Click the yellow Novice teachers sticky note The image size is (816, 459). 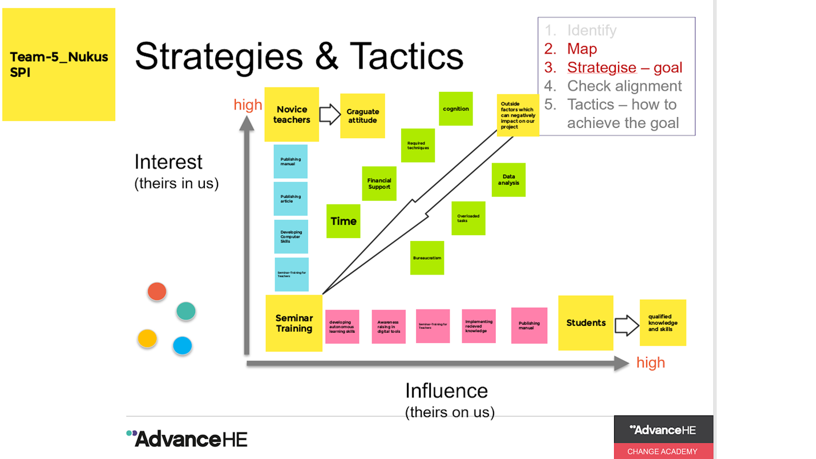[292, 114]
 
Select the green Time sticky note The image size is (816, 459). [343, 221]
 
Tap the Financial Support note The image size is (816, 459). [379, 183]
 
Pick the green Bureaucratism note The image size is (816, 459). [427, 258]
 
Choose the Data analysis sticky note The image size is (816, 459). [508, 180]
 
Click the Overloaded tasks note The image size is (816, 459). [468, 218]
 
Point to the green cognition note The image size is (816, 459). [455, 108]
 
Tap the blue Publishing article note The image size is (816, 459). [290, 199]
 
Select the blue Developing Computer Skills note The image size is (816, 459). [291, 236]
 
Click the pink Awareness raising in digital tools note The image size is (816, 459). [389, 327]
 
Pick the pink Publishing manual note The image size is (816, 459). [529, 325]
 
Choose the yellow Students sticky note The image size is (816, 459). [585, 323]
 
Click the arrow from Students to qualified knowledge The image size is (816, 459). [626, 325]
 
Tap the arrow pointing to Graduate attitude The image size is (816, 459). [329, 114]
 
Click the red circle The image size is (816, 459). [157, 292]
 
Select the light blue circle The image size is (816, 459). [183, 345]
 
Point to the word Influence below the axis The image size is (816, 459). [446, 391]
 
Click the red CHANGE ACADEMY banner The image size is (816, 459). [663, 451]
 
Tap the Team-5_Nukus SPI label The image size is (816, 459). [59, 65]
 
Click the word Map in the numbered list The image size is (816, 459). [582, 49]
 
